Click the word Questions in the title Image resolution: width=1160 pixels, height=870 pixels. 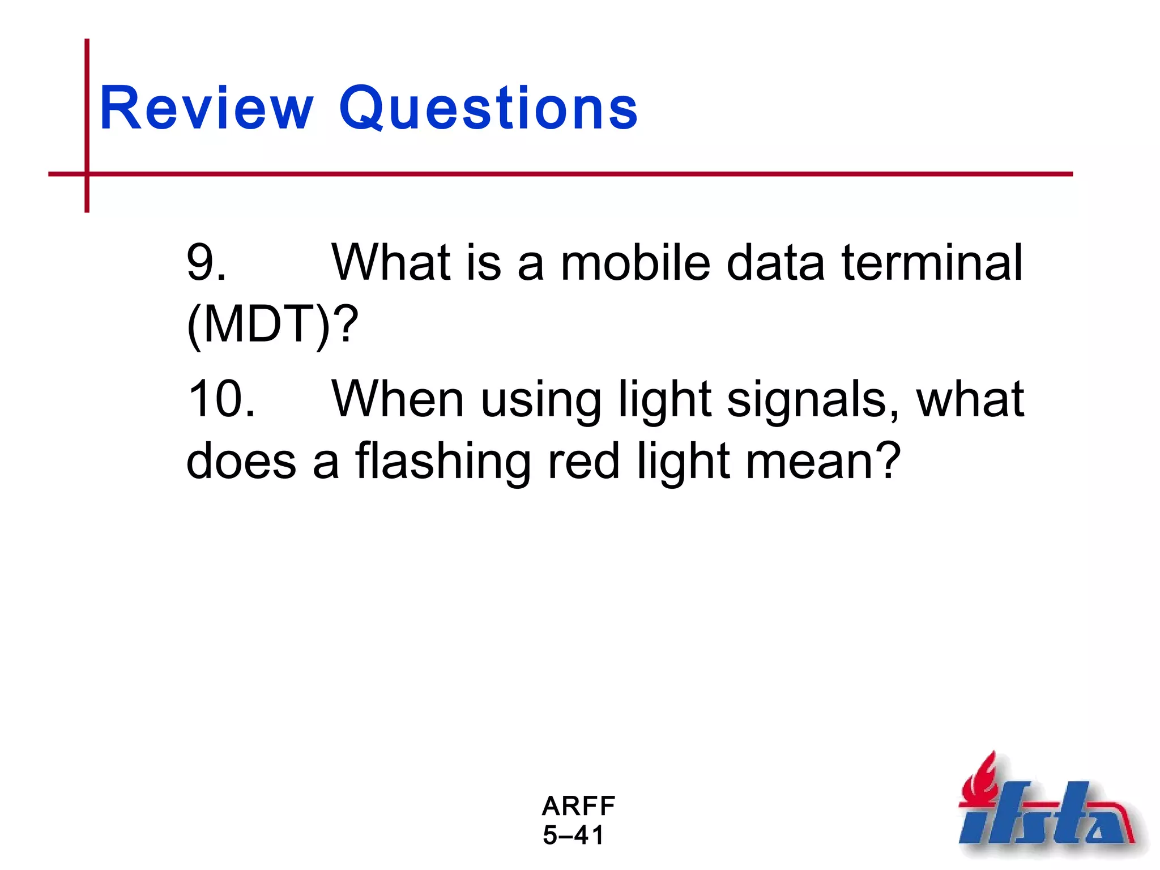(488, 108)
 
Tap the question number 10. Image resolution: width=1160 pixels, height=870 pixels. (221, 399)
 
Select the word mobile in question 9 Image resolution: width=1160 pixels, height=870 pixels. (635, 262)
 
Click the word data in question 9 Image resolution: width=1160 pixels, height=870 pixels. (775, 262)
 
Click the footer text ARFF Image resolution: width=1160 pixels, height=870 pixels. (578, 806)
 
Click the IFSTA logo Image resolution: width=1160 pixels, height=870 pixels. (1048, 810)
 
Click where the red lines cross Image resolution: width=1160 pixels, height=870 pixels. (87, 174)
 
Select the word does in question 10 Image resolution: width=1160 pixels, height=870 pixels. (241, 462)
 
